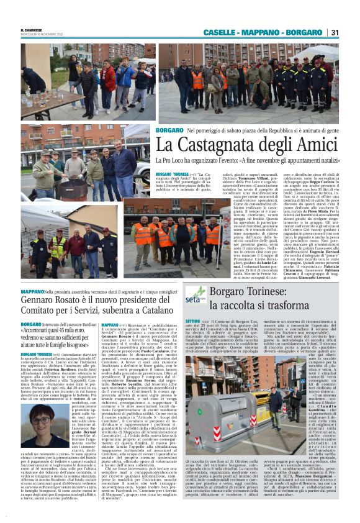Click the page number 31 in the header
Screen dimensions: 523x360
click(x=335, y=32)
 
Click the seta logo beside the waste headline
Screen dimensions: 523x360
click(x=196, y=295)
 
